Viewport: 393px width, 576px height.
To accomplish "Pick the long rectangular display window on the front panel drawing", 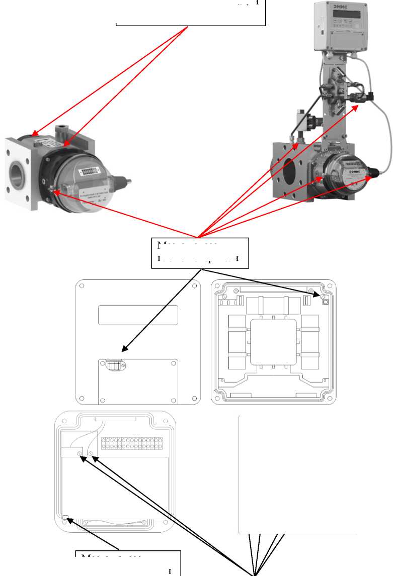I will [138, 315].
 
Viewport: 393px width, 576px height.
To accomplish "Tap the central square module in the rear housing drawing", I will [274, 343].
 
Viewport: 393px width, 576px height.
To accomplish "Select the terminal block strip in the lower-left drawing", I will [132, 443].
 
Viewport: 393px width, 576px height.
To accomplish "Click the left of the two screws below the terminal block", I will [81, 454].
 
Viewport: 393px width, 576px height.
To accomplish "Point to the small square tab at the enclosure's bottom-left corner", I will [65, 517].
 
